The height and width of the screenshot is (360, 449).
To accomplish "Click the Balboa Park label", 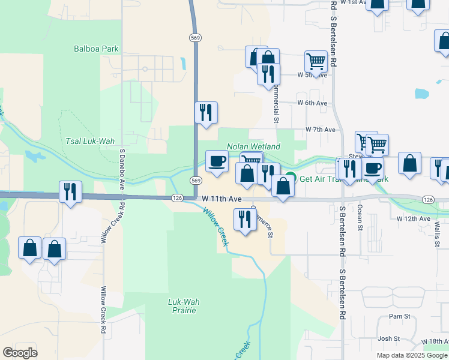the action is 96,49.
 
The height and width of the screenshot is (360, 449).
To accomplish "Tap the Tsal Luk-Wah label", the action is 89,141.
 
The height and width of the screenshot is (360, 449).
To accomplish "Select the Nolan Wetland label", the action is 253,146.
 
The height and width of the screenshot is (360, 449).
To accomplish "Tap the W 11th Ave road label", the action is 221,198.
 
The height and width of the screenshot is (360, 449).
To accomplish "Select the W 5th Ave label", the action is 313,75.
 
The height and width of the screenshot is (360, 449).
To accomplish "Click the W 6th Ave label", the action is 313,103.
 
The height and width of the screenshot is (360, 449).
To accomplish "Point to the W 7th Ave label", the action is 320,130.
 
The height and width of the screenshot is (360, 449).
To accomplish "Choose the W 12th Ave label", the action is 414,218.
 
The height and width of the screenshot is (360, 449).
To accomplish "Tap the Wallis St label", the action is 438,232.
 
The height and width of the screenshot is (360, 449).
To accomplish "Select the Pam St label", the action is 399,316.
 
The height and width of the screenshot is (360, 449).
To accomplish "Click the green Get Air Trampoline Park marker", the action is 291,178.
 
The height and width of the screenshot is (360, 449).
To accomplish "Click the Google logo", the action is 20,353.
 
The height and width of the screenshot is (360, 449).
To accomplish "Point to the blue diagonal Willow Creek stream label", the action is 215,227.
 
